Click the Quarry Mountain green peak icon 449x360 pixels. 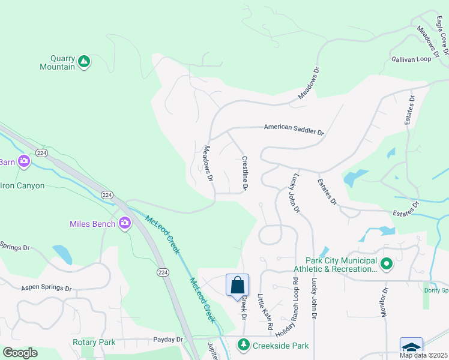click(x=84, y=61)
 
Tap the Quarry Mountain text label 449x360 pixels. click(x=58, y=63)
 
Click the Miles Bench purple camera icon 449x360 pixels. click(x=125, y=224)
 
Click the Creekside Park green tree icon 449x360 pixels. click(x=243, y=345)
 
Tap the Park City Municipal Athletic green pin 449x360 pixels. click(x=387, y=263)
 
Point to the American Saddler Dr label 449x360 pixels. click(x=294, y=130)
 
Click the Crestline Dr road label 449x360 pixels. click(x=246, y=174)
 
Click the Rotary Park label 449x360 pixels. click(x=93, y=342)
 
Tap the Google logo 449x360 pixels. click(x=20, y=353)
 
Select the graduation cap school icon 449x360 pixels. click(x=411, y=347)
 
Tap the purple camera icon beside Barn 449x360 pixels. click(x=24, y=161)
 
